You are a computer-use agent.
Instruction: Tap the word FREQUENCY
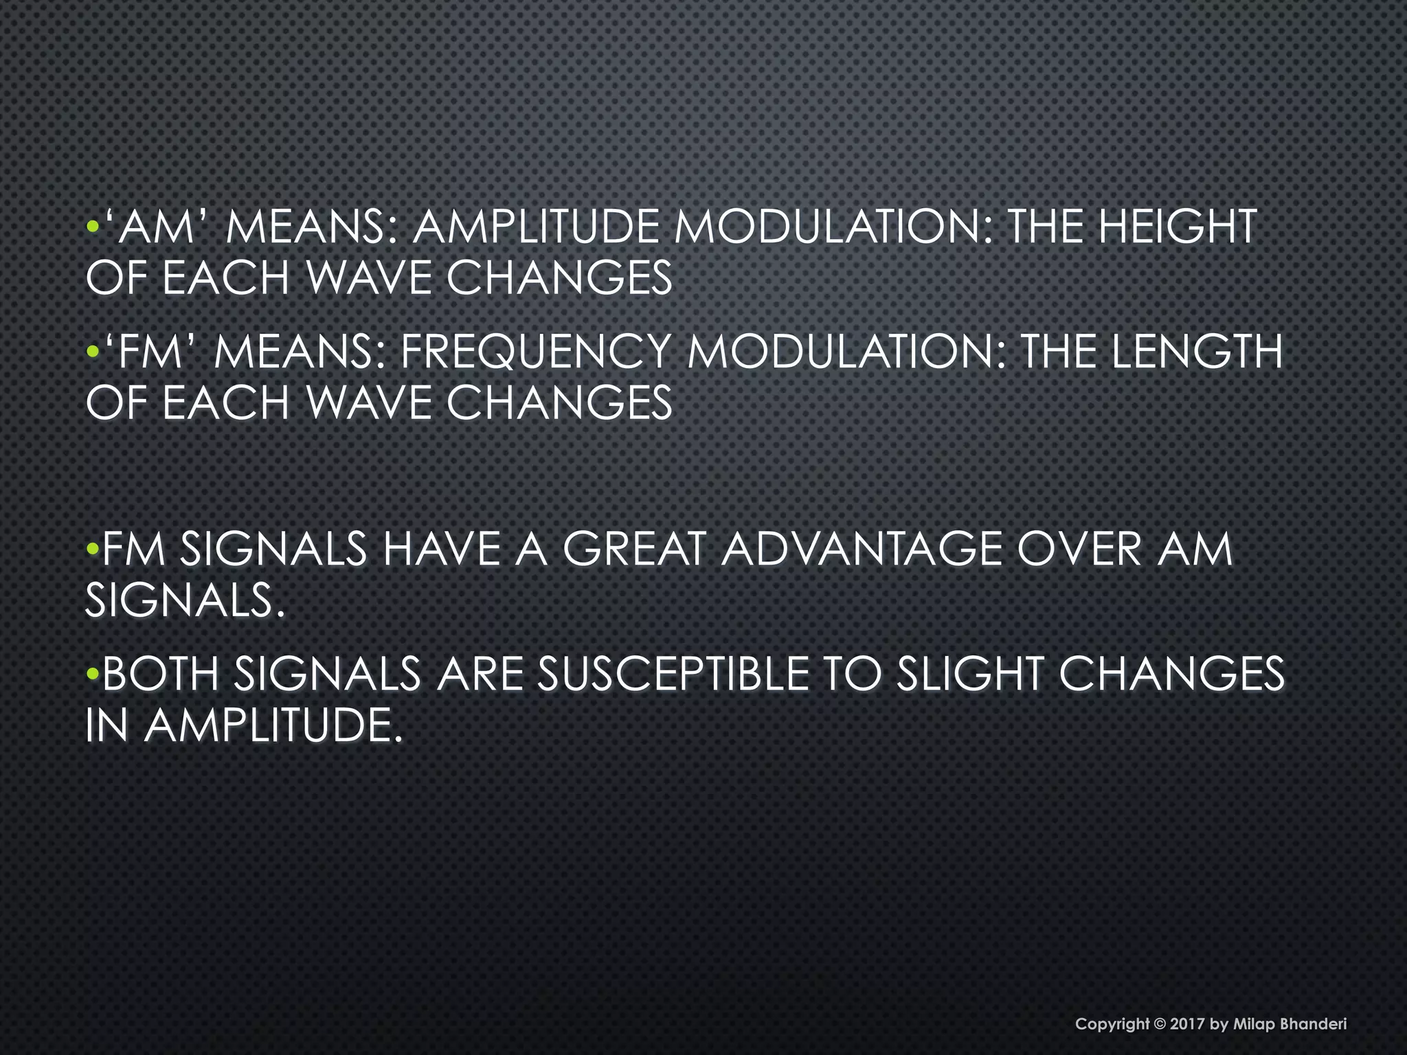(x=534, y=352)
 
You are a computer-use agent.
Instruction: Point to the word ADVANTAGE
(x=862, y=549)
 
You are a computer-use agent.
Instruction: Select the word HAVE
(x=442, y=549)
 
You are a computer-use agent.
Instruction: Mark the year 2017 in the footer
(x=1186, y=1024)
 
